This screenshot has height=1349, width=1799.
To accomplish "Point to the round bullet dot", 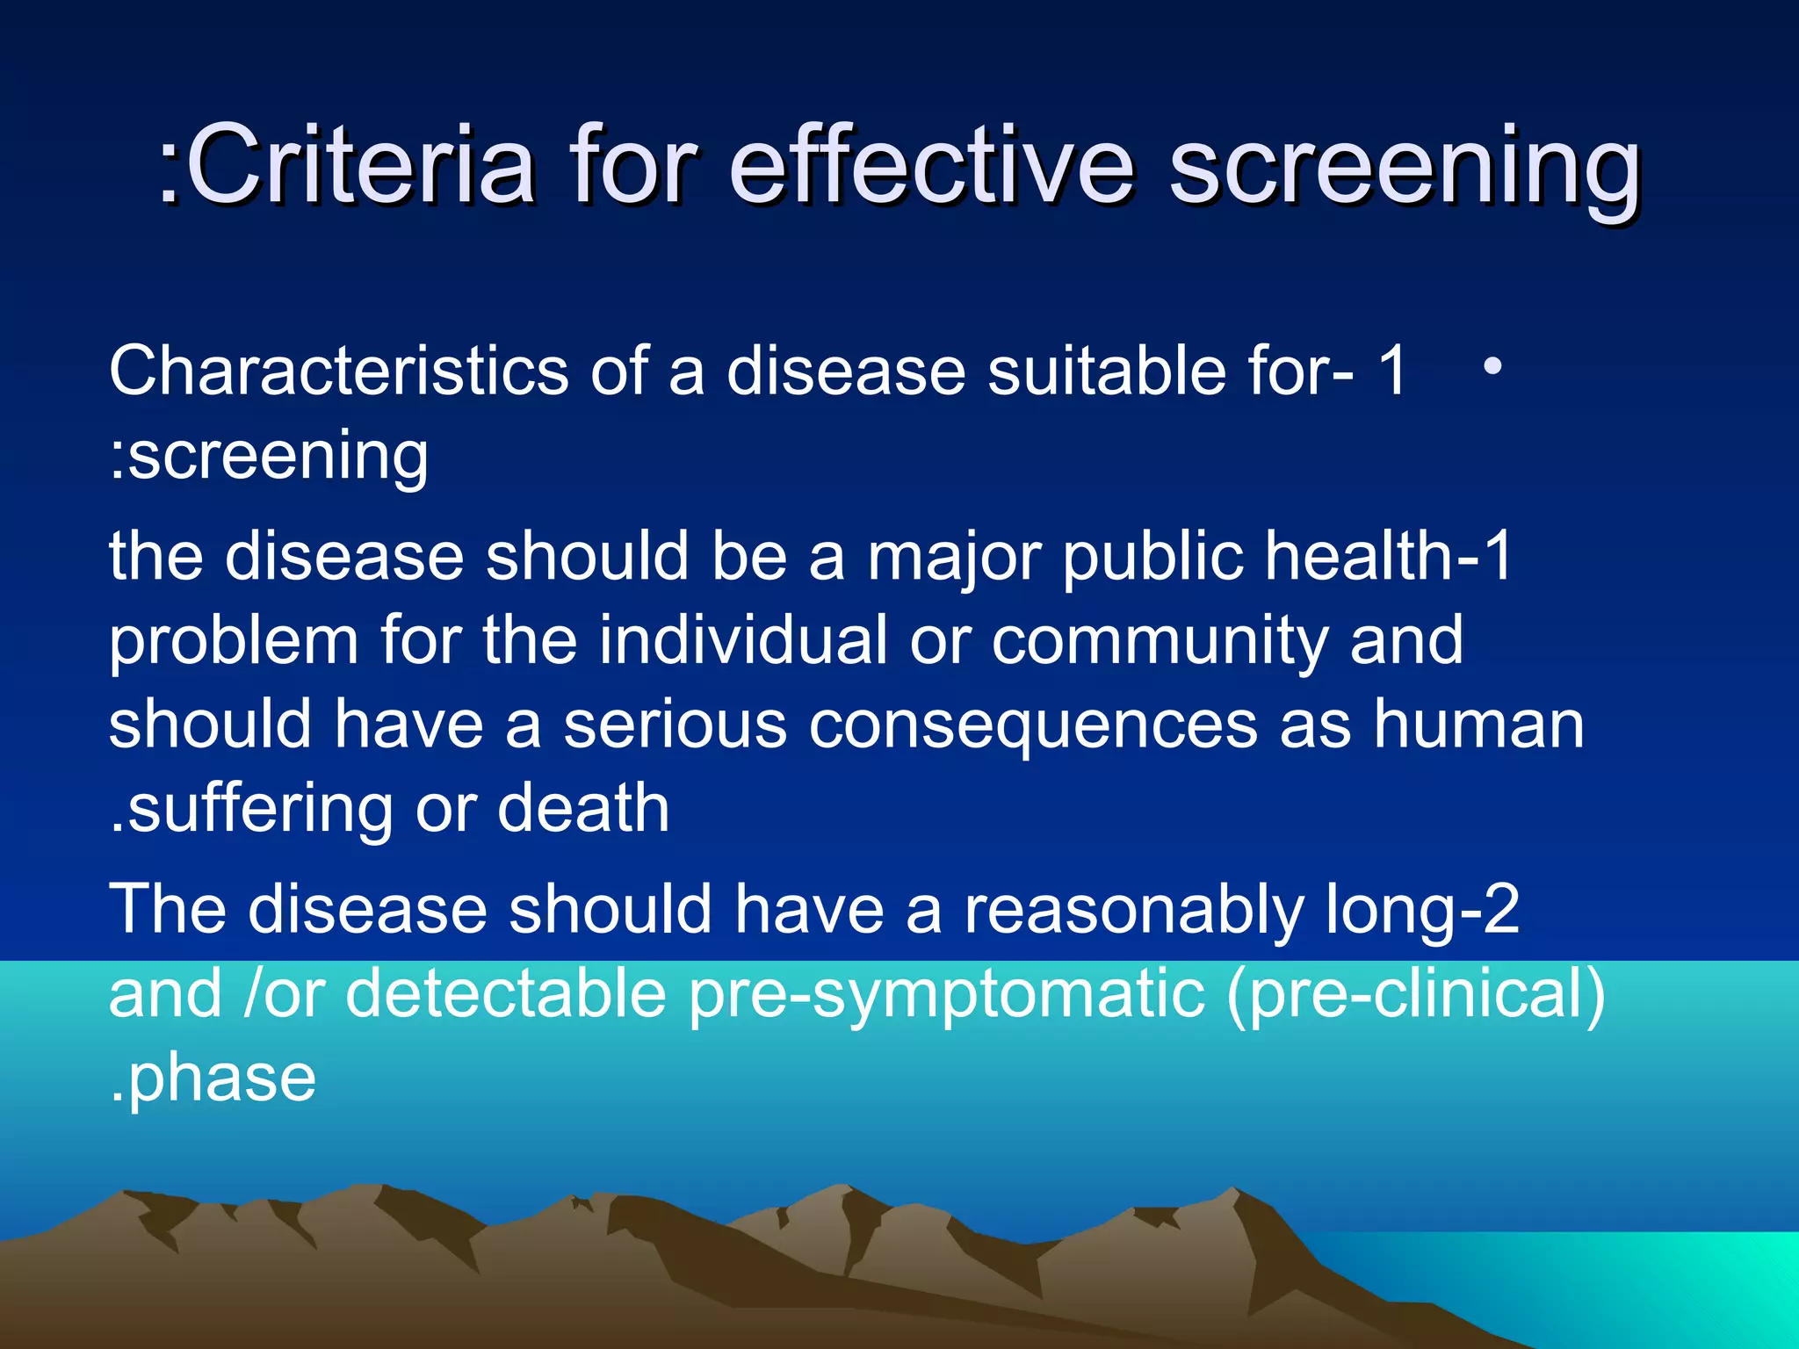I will click(1492, 366).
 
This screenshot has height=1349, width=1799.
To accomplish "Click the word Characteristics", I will click(339, 371).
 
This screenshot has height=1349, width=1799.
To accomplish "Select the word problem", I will click(234, 643).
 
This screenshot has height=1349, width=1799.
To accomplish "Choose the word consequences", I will click(1033, 727).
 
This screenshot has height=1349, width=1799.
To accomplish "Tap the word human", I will click(1479, 725).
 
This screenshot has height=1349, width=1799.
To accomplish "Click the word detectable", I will click(506, 994).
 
